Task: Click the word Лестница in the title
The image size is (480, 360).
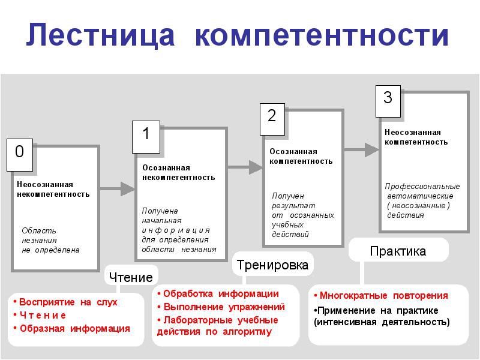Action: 100,35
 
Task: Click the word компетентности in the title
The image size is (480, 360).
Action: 322,36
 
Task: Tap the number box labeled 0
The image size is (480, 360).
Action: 20,155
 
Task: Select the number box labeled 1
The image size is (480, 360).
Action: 146,137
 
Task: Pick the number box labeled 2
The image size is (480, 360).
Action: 272,119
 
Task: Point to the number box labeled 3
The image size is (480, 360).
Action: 388,101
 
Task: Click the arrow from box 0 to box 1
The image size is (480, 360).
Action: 117,188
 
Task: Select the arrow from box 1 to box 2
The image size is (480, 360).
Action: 245,167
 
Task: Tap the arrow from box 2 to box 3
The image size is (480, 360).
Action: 362,150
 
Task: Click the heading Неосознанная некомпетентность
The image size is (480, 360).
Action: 53,189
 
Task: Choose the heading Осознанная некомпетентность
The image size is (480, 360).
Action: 178,172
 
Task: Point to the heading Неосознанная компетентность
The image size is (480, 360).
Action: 416,137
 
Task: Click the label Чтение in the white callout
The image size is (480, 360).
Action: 131,277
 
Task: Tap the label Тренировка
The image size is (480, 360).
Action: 272,265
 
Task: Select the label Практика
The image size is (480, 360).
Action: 398,251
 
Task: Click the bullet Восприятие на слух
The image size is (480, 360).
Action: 65,302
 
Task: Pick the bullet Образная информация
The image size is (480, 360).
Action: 72,328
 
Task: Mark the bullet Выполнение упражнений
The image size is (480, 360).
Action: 221,307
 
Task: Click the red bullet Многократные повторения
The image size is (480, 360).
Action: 381,296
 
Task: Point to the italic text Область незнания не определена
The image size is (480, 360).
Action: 50,241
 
